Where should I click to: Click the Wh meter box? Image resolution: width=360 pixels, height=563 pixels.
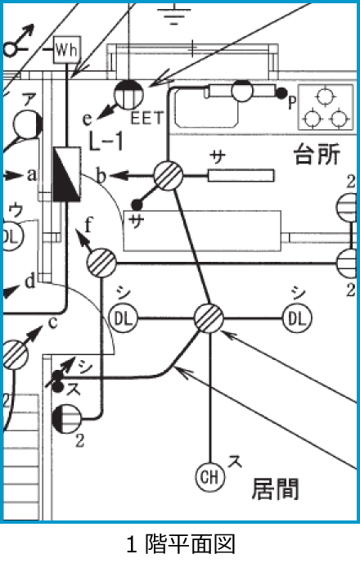coord(67,50)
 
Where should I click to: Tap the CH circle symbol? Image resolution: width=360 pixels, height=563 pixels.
coord(210,477)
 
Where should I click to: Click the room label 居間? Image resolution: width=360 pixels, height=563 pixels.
coord(275,489)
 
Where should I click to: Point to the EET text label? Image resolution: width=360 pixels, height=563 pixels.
coord(147,118)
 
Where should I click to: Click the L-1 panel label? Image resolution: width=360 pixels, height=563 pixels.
coord(106,141)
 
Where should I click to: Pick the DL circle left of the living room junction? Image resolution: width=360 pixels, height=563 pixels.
coord(124,318)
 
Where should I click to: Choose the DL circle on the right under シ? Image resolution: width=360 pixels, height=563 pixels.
coord(297,318)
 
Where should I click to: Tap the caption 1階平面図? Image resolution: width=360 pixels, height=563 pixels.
coord(181,543)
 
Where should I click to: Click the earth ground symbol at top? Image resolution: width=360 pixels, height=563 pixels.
coord(174,15)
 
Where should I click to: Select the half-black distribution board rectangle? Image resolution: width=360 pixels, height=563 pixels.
coord(67,174)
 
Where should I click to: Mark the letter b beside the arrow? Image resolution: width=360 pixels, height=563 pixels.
coord(102,175)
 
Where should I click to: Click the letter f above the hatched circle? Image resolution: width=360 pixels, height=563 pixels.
coord(88,225)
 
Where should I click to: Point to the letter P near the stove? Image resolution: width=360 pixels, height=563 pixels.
coord(292,102)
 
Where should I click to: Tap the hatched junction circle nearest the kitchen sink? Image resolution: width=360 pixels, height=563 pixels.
coord(168,176)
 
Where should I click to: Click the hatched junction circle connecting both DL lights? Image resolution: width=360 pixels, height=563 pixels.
coord(209,318)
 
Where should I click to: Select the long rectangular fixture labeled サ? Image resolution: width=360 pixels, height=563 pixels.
coord(241,176)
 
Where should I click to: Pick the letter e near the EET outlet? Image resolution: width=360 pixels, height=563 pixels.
coord(88,119)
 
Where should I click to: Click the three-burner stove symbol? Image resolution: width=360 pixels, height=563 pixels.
coord(326,107)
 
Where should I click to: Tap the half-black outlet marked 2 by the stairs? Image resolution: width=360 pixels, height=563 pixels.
coord(67,419)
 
